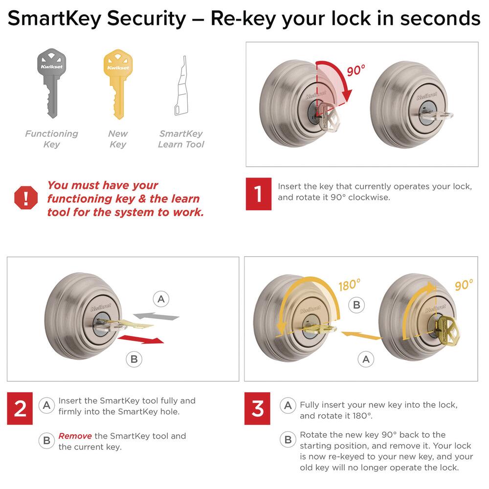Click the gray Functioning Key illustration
point(52,83)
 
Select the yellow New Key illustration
point(118,84)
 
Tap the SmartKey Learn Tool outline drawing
point(181,86)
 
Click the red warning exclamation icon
point(26,198)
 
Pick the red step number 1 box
point(259,194)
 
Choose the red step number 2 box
point(20,408)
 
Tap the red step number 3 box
point(257,408)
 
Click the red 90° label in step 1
point(356,70)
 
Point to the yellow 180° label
point(349,285)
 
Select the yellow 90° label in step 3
point(464,285)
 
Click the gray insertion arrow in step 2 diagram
point(156,316)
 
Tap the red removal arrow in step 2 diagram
point(141,339)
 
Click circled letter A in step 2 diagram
point(161,299)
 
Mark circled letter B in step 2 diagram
point(134,359)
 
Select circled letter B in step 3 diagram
point(356,305)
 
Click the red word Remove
point(75,436)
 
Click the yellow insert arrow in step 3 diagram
point(361,335)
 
